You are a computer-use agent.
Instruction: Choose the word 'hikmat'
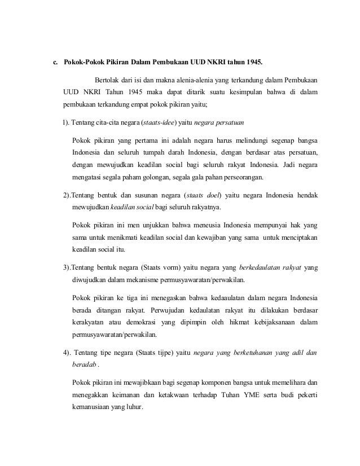[243, 323]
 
